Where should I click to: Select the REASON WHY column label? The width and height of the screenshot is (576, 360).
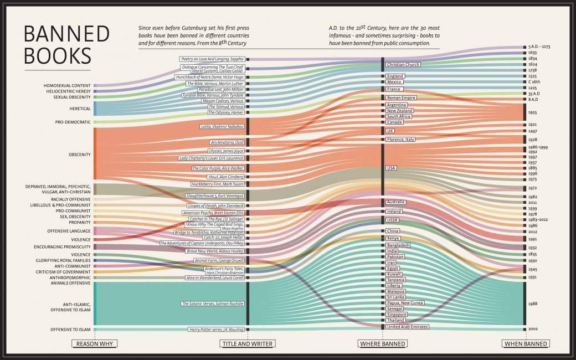point(95,344)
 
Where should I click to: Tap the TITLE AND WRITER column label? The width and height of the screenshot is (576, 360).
point(248,344)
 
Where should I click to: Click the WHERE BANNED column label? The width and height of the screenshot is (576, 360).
point(383,344)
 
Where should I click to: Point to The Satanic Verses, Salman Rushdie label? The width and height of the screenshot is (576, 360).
point(212,304)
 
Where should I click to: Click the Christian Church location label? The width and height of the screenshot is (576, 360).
point(403,65)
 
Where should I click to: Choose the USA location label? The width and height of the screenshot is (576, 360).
point(392,167)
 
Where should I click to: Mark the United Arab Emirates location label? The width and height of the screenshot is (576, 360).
point(407,327)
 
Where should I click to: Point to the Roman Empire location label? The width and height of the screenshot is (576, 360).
point(401,97)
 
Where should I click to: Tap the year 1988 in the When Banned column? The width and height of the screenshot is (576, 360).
point(533,304)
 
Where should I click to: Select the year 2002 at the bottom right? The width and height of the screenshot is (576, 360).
point(533,329)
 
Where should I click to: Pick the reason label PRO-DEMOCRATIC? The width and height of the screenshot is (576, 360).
point(73,122)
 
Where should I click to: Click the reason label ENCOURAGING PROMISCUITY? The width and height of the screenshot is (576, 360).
point(62,246)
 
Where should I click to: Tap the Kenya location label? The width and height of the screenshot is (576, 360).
point(393,238)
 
